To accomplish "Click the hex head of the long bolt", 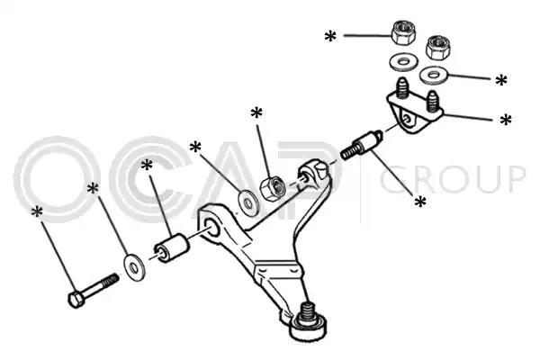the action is (x=76, y=300).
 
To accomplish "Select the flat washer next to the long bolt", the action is (x=134, y=267).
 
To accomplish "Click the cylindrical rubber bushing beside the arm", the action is (x=171, y=248).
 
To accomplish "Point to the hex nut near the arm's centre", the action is (x=273, y=188).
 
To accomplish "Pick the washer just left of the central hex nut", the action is (x=247, y=202).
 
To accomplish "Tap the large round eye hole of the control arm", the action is (x=212, y=228).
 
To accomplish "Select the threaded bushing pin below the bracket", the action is (x=361, y=145).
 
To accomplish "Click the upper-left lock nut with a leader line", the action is (x=403, y=33).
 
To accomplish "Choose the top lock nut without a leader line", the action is (x=438, y=47).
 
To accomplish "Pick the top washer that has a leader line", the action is (x=434, y=75).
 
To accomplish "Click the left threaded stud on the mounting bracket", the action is (x=402, y=88).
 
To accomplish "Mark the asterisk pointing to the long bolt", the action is (x=37, y=212).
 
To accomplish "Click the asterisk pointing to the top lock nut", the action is (x=330, y=36).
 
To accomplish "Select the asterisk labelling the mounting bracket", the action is (x=506, y=120).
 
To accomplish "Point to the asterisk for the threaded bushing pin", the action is (x=420, y=202).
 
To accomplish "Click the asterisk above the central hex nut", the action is (x=256, y=113).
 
